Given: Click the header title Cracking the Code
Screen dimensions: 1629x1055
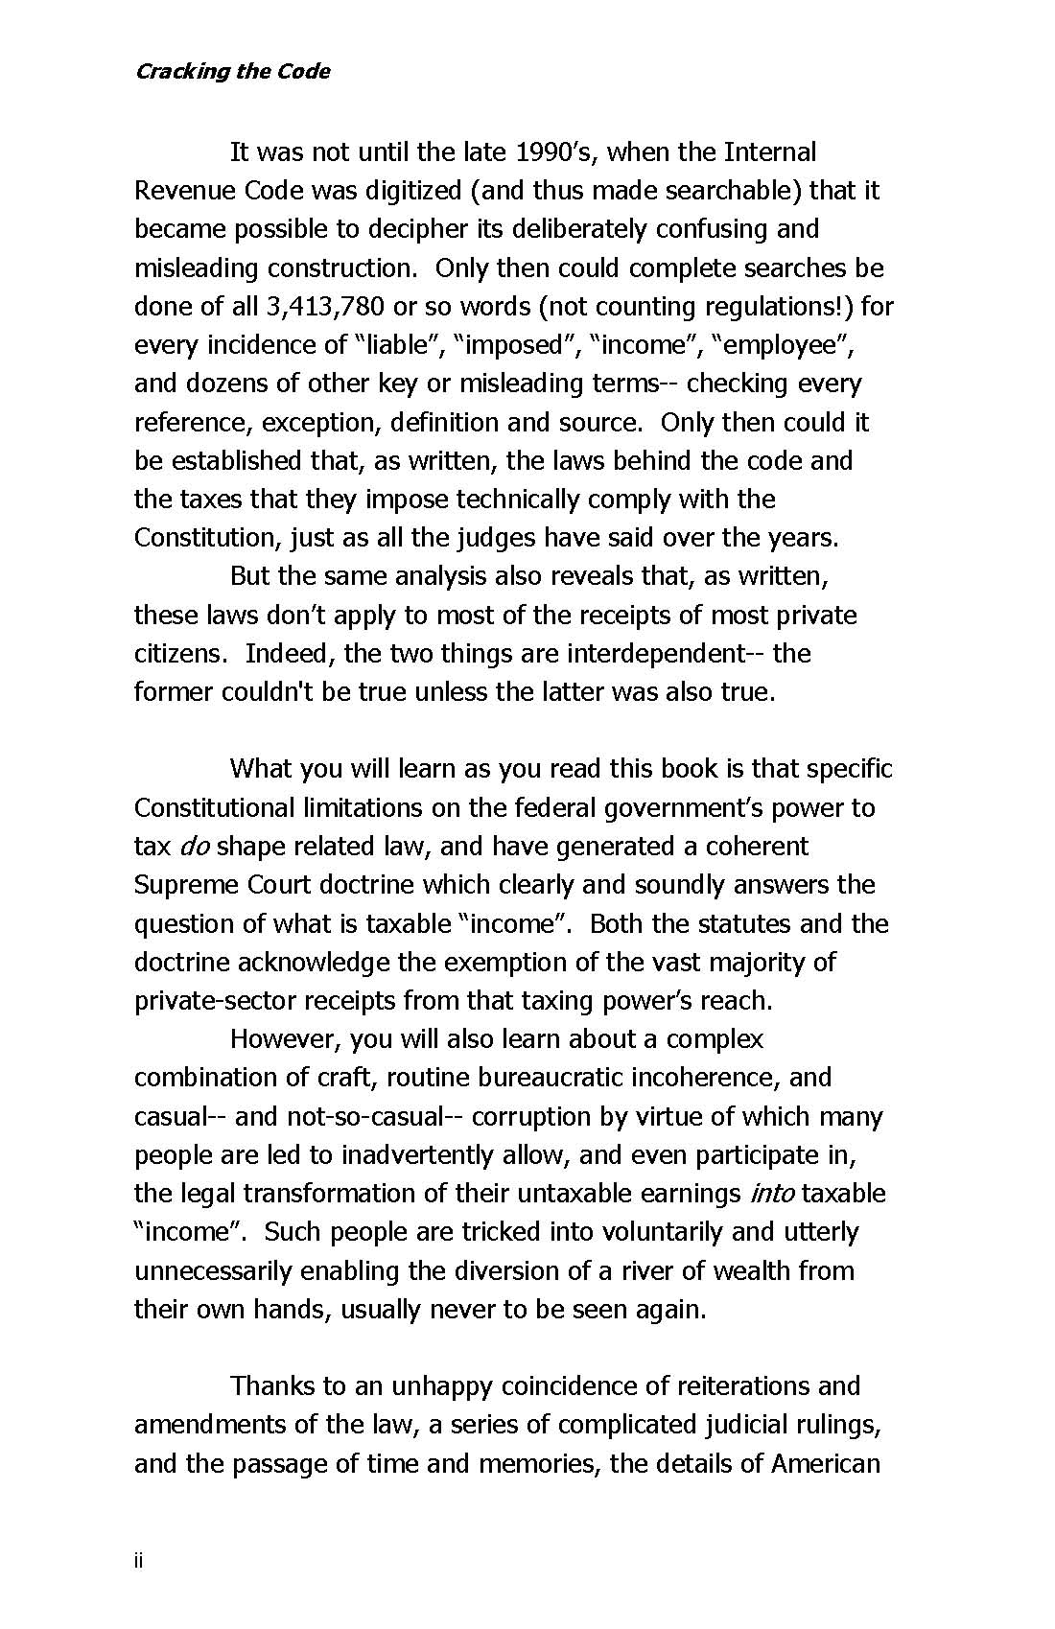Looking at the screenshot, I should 232,72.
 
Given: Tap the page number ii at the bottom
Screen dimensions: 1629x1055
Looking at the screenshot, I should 139,1562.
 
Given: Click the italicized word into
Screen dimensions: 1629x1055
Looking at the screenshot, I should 772,1194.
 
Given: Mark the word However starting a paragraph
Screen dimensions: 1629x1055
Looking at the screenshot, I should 285,1039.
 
